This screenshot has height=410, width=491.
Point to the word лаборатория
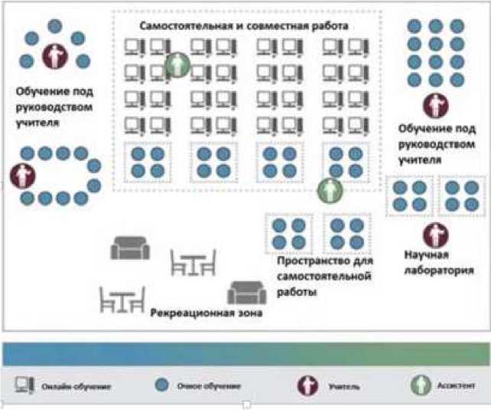(435, 270)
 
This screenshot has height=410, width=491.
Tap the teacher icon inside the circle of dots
(54, 55)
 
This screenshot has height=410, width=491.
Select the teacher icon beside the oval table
(21, 175)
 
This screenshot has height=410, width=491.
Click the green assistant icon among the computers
(177, 65)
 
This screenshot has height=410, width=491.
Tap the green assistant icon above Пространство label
(330, 189)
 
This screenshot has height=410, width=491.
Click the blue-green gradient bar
(245, 354)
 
